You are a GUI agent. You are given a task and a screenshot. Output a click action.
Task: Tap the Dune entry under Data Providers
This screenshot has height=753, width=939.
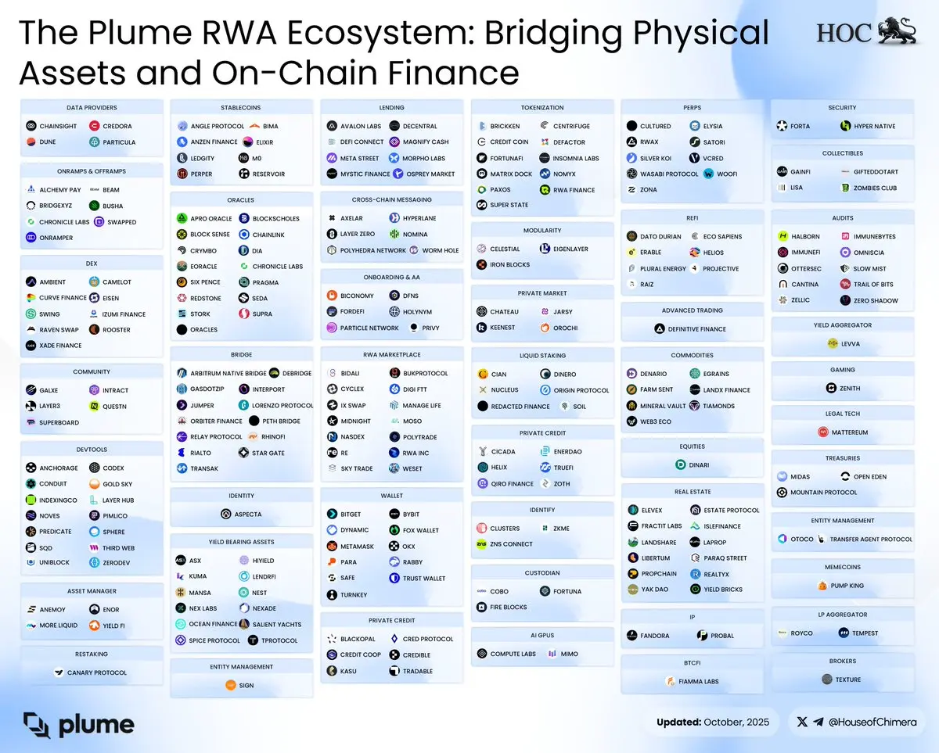coord(47,142)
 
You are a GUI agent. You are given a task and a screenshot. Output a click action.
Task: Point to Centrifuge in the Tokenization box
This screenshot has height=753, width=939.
coord(569,126)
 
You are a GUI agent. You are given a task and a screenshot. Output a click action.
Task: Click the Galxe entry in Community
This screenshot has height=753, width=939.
coord(48,390)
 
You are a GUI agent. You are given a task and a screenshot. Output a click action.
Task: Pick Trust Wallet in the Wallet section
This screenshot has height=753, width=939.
coord(423,579)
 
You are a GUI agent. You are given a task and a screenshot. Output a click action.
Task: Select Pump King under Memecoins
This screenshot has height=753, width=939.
coord(847,585)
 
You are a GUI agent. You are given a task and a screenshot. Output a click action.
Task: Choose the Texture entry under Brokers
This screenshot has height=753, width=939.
coord(847,679)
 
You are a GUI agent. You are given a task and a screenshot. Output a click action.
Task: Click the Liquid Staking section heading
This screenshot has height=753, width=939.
coord(542,356)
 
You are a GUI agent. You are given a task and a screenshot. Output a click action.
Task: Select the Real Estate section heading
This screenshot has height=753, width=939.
coord(692,492)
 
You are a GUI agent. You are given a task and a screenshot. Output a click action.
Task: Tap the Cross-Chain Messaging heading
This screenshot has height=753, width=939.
coord(391,200)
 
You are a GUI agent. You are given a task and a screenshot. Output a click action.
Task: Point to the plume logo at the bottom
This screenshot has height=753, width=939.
coord(78,724)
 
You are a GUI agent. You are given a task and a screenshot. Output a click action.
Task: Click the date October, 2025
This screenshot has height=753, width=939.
coord(736,722)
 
